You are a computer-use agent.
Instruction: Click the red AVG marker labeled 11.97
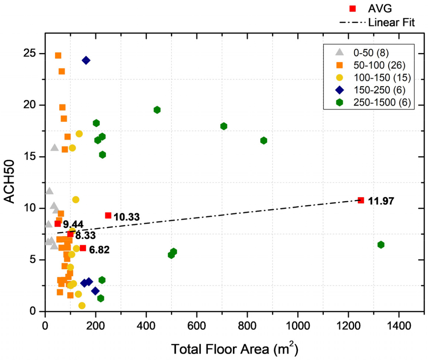[x=361, y=200]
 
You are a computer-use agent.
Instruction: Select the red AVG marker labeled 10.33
[x=108, y=215]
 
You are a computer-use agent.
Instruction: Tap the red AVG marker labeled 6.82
[x=83, y=248]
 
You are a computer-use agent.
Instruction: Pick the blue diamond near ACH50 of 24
[x=86, y=60]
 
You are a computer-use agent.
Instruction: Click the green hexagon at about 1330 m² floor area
[x=381, y=244]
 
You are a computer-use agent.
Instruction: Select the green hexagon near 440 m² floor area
[x=157, y=110]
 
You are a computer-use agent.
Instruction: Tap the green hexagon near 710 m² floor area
[x=224, y=126]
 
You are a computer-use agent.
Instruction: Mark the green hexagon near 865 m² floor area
[x=264, y=140]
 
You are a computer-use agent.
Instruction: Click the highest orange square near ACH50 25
[x=58, y=55]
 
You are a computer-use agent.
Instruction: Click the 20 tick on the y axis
[x=35, y=105]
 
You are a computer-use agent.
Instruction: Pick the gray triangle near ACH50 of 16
[x=55, y=148]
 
